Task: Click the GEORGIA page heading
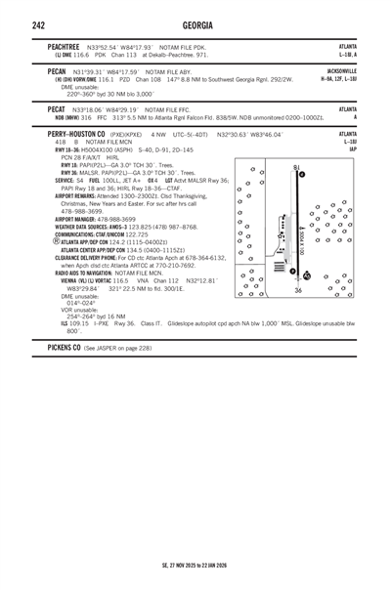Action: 195,24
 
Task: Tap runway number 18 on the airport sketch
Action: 296,167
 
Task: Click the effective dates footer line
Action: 195,564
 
